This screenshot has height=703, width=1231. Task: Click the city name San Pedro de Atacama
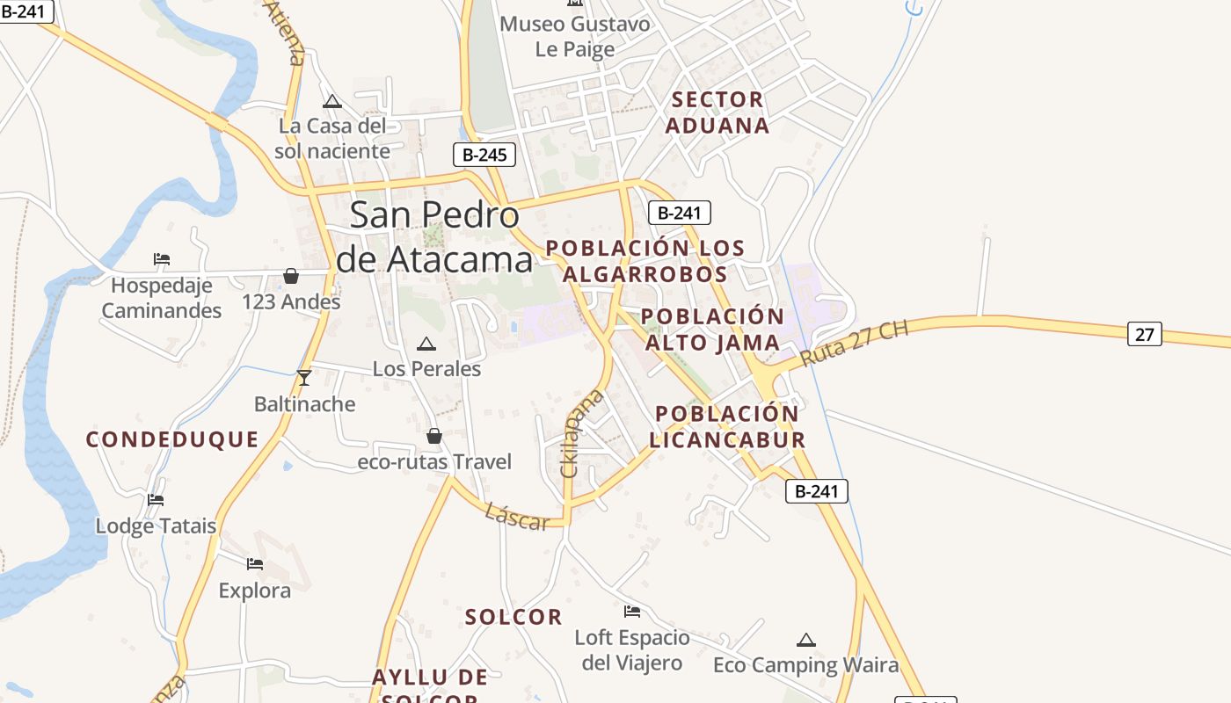click(x=434, y=237)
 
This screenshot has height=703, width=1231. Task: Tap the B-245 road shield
click(x=484, y=156)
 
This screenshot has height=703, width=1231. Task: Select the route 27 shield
click(x=1144, y=334)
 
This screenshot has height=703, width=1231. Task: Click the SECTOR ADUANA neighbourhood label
click(x=717, y=112)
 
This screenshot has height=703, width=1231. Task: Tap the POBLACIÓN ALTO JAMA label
click(x=712, y=330)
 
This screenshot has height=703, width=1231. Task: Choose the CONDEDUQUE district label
click(x=172, y=439)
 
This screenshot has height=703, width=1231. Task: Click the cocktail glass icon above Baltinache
click(x=304, y=378)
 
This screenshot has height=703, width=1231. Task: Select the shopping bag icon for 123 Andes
click(x=291, y=277)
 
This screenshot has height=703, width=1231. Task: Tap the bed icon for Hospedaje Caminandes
click(x=162, y=259)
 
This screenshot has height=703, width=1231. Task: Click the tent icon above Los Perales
click(x=426, y=344)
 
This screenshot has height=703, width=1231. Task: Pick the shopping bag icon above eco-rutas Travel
click(x=433, y=436)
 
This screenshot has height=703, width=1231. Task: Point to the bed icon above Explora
click(x=255, y=564)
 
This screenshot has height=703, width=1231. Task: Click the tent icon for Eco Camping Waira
click(x=805, y=640)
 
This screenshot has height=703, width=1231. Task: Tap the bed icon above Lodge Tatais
click(x=156, y=500)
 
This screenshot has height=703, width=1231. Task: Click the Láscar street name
click(x=517, y=518)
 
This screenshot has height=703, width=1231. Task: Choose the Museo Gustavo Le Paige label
click(x=575, y=36)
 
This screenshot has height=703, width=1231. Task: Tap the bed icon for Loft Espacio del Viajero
click(x=632, y=612)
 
